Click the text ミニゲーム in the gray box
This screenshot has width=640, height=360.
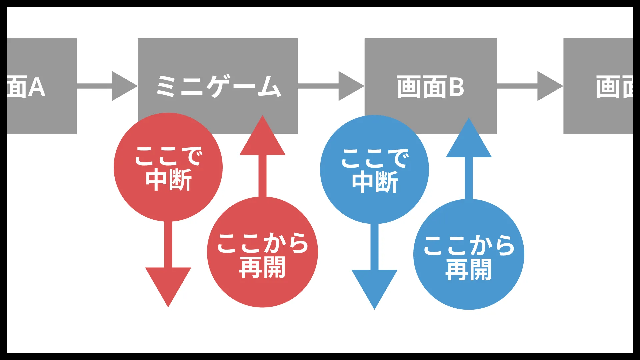[x=218, y=86]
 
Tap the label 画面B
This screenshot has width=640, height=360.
[x=430, y=87]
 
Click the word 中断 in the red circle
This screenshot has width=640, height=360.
[x=169, y=180]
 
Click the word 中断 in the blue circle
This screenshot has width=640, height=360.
[x=375, y=182]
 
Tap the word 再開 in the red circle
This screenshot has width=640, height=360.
[x=262, y=267]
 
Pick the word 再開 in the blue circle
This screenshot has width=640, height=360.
[x=469, y=270]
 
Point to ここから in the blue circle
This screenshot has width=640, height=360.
[x=469, y=245]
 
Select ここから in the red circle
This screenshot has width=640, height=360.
[x=262, y=243]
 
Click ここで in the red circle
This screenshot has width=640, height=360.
[x=169, y=156]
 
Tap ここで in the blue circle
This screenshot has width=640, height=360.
[x=375, y=158]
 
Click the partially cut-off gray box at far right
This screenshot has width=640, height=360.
[x=598, y=86]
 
